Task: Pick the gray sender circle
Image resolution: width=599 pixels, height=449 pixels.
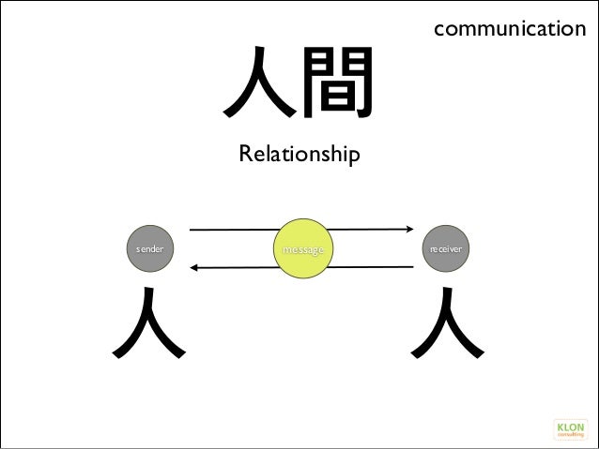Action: pos(149,250)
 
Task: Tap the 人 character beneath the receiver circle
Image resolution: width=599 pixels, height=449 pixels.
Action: pos(449,322)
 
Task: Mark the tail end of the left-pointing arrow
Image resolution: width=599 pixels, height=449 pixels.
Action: pos(414,268)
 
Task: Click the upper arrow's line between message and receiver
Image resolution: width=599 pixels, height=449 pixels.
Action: pos(371,228)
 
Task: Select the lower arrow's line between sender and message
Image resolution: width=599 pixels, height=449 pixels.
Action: pos(235,268)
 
